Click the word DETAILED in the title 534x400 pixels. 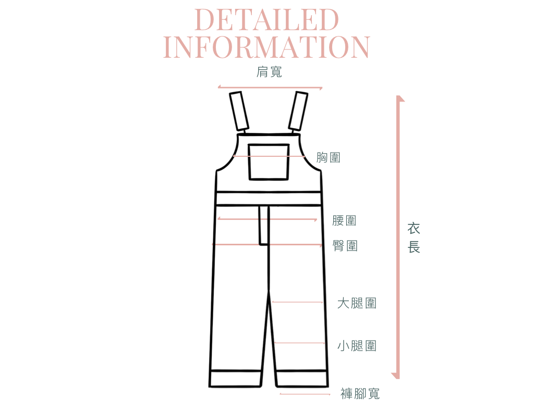click(266, 20)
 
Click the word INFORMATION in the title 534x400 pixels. click(266, 47)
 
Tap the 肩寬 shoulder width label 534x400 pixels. click(270, 72)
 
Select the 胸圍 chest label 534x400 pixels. click(329, 157)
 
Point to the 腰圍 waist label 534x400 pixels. click(344, 220)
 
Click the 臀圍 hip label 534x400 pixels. click(345, 245)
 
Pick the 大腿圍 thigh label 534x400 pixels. click(357, 303)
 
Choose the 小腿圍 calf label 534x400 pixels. click(357, 345)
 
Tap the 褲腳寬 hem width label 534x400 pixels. click(360, 393)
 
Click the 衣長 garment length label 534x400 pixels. click(414, 238)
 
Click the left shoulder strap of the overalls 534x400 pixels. click(239, 111)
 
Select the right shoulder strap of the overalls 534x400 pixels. click(299, 111)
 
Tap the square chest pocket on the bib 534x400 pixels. click(269, 162)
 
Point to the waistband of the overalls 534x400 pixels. click(268, 198)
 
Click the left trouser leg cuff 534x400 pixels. click(235, 378)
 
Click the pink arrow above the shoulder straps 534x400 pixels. click(270, 87)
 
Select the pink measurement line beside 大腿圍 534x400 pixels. click(297, 302)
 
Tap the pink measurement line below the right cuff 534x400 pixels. click(305, 394)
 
